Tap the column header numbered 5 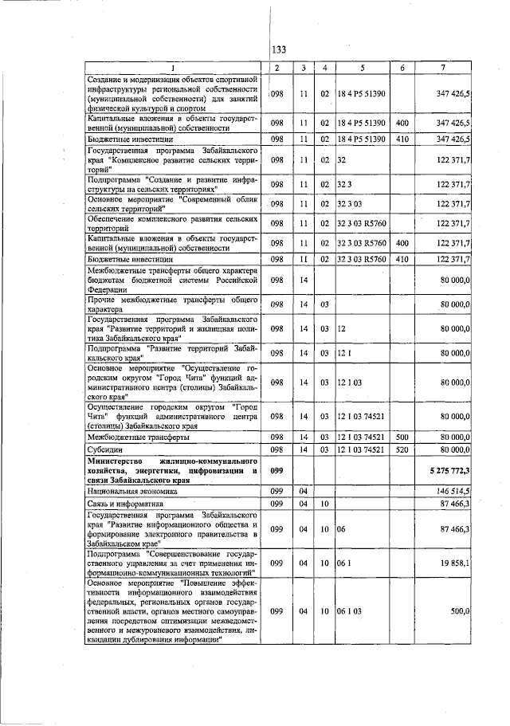362,68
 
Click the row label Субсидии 105,449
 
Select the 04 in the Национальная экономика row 303,493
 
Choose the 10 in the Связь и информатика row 324,504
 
